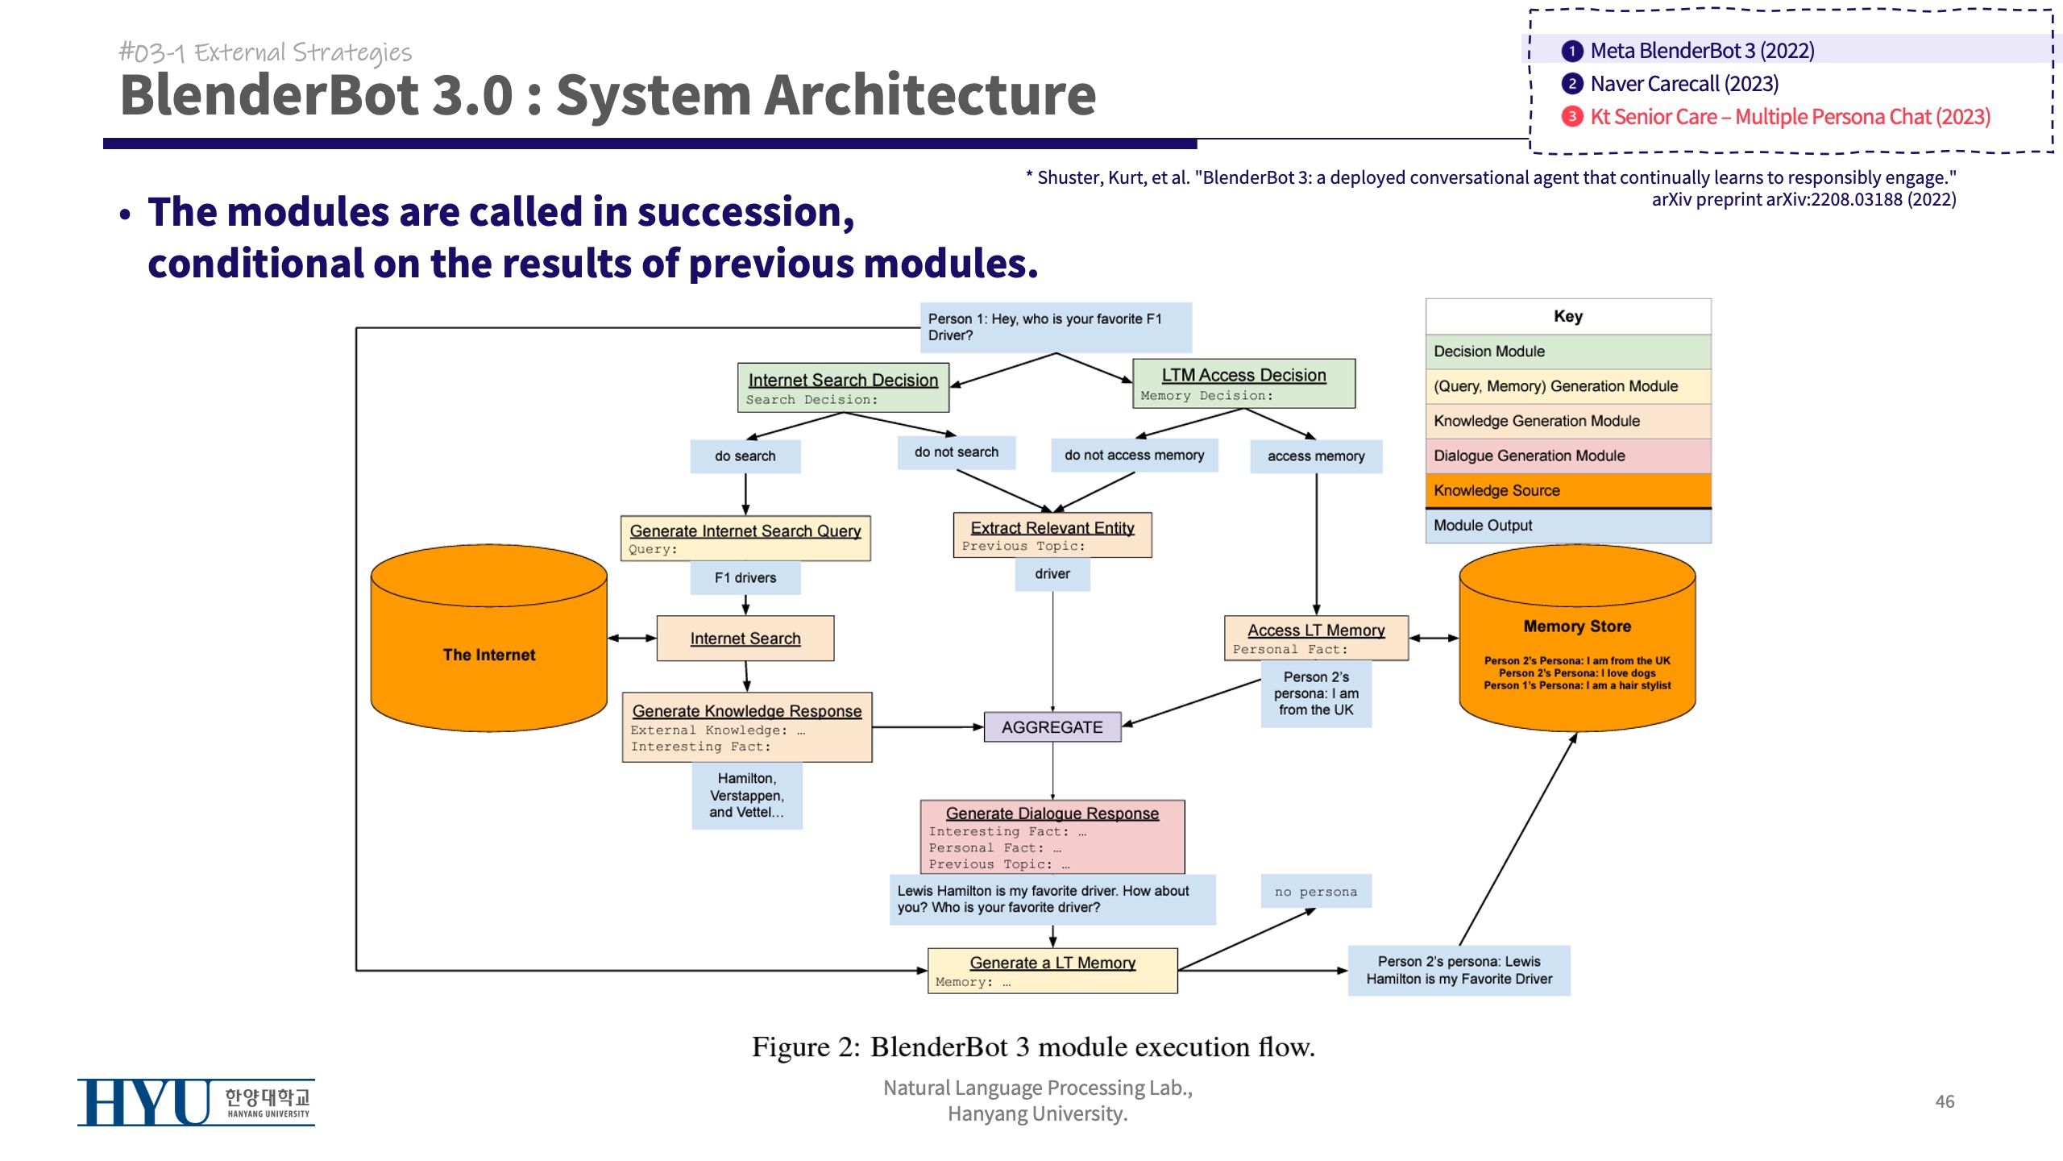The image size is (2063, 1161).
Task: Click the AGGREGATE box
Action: [x=1052, y=727]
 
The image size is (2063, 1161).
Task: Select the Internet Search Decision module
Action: [x=843, y=388]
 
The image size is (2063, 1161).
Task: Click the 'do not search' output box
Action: [x=956, y=452]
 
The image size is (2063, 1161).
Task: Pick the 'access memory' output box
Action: [x=1316, y=456]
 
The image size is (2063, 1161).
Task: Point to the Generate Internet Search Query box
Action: [x=745, y=539]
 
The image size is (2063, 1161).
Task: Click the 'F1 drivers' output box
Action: [x=745, y=578]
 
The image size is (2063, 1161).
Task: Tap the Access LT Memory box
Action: [x=1316, y=638]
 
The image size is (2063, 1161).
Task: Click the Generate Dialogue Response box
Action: [x=1052, y=837]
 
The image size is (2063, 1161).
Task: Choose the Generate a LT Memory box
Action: [x=1052, y=971]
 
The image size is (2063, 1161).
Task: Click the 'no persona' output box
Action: [x=1316, y=892]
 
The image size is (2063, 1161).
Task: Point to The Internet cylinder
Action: [x=489, y=655]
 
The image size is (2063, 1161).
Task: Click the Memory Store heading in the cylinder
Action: [x=1577, y=626]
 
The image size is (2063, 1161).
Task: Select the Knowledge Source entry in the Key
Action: [x=1568, y=490]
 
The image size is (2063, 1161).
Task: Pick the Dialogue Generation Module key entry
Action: [x=1568, y=456]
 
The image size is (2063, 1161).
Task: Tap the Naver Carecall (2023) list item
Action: [x=1684, y=84]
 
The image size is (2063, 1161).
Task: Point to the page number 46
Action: [x=1945, y=1101]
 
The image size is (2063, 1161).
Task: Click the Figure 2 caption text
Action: [x=1033, y=1047]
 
